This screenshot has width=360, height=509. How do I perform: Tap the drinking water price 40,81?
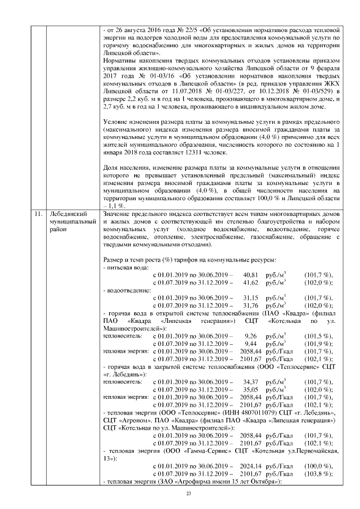click(x=250, y=274)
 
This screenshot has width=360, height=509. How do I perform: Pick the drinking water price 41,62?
click(x=250, y=282)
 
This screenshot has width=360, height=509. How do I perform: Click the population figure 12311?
click(x=169, y=152)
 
